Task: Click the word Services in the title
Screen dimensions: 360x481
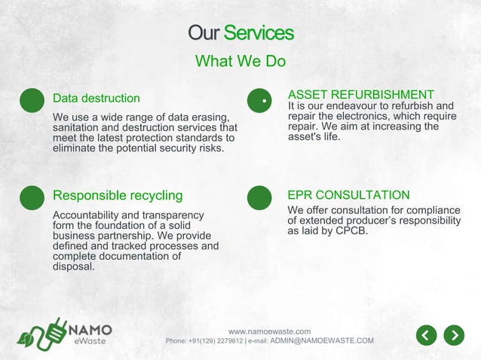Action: (x=259, y=33)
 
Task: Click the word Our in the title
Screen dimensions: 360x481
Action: (x=204, y=33)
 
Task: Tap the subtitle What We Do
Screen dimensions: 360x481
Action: (x=240, y=61)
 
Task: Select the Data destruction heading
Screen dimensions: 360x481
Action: (x=96, y=98)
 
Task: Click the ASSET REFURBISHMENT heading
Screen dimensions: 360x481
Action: (x=361, y=94)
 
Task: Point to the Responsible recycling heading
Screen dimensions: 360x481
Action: (x=118, y=196)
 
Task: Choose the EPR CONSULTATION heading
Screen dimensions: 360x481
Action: (x=348, y=195)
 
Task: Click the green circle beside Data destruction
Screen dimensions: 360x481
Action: (x=32, y=100)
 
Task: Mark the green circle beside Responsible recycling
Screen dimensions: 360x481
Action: (x=32, y=197)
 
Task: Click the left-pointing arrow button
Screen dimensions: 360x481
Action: (x=427, y=334)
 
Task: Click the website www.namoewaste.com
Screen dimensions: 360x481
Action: (x=269, y=331)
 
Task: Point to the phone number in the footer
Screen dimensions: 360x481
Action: (x=216, y=341)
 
